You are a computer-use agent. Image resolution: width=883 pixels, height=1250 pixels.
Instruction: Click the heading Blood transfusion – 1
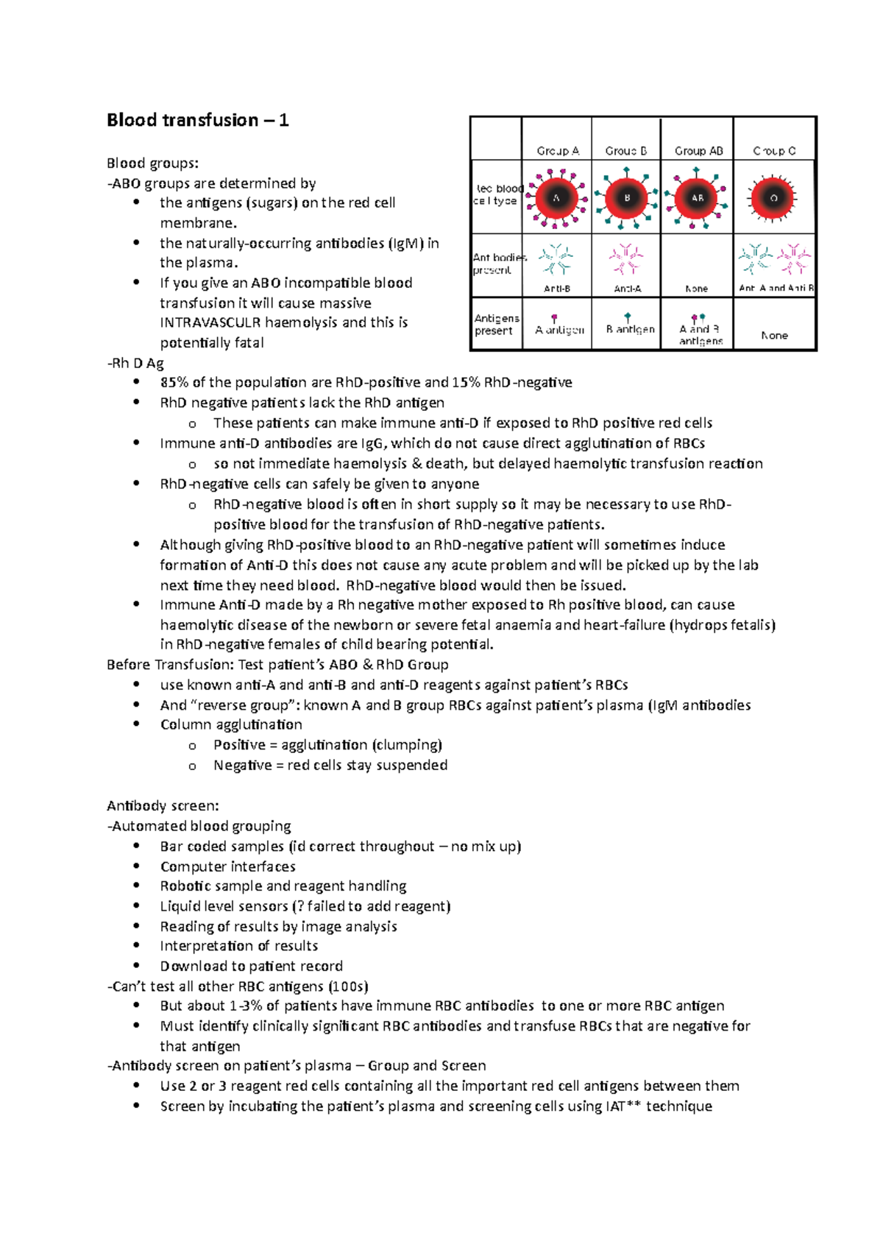pyautogui.click(x=197, y=120)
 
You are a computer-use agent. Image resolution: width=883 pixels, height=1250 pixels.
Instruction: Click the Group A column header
pyautogui.click(x=557, y=151)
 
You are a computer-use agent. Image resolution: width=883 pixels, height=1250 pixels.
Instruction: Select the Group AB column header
pyautogui.click(x=698, y=151)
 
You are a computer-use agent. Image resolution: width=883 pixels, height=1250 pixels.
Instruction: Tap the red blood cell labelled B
pyautogui.click(x=627, y=197)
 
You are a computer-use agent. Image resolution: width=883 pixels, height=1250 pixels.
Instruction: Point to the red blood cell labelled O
pyautogui.click(x=773, y=197)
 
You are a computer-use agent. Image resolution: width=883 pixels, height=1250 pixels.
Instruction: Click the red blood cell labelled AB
pyautogui.click(x=697, y=197)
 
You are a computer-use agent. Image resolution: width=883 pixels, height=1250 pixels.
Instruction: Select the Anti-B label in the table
pyautogui.click(x=557, y=289)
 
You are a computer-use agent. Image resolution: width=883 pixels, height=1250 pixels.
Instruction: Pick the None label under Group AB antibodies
pyautogui.click(x=696, y=289)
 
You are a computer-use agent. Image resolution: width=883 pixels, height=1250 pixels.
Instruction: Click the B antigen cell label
pyautogui.click(x=630, y=329)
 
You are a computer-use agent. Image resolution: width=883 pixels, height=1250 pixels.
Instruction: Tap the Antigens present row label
pyautogui.click(x=497, y=324)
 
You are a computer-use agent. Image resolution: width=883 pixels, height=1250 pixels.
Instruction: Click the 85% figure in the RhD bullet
pyautogui.click(x=174, y=383)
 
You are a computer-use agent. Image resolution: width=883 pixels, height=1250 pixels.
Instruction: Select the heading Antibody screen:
pyautogui.click(x=163, y=806)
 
